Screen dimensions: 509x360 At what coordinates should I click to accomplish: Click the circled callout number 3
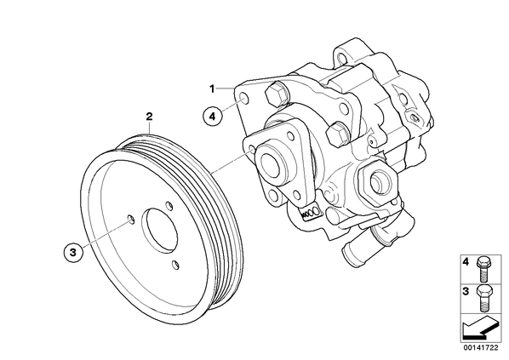point(73,252)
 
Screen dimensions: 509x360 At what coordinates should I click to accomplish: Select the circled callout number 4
point(212,116)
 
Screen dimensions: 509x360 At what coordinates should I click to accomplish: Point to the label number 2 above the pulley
point(149,117)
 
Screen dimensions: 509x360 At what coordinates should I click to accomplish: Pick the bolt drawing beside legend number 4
point(483,270)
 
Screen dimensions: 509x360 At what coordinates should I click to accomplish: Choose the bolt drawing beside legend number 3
point(484,299)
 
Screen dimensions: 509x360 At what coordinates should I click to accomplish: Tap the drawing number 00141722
point(480,348)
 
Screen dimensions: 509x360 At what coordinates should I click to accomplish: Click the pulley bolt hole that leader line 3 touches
point(130,219)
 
